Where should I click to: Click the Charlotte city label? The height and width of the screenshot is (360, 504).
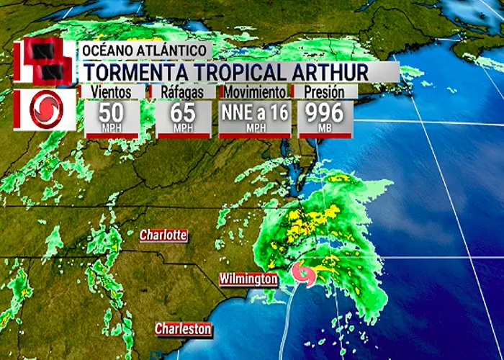pos(163,235)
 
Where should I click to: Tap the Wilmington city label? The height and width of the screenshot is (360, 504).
pos(248,278)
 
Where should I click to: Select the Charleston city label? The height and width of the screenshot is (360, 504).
pos(184,329)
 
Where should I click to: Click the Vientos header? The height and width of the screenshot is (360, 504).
pos(112,92)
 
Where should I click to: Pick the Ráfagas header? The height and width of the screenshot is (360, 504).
pos(183,92)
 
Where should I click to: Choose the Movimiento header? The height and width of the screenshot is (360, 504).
pos(256,92)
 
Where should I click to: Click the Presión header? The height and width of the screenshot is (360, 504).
pos(320,92)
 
